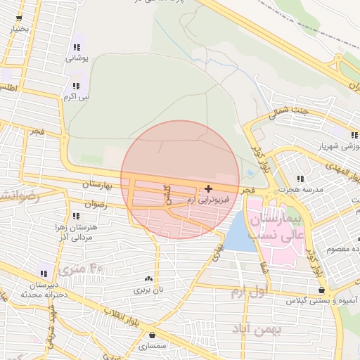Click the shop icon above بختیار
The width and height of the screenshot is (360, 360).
click(20, 18)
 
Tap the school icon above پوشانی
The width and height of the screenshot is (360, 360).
click(75, 47)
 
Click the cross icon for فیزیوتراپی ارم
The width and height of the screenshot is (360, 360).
click(208, 188)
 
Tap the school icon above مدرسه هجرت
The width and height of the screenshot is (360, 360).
click(301, 179)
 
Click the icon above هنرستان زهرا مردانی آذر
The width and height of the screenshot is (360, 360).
click(75, 216)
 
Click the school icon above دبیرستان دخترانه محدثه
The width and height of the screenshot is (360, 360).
click(44, 273)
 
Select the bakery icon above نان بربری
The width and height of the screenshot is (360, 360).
click(148, 278)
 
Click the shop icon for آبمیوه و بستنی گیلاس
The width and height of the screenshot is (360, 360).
click(321, 290)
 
